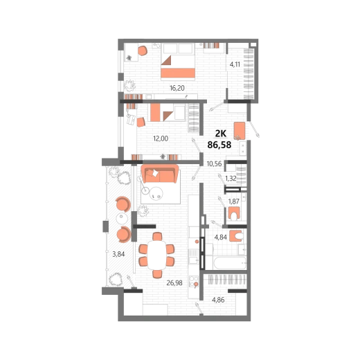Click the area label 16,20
click(177, 88)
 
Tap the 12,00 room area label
click(161, 138)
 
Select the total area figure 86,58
click(219, 145)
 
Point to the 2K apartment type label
click(221, 134)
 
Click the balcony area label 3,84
click(118, 254)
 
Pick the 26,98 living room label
click(174, 282)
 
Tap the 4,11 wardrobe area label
click(235, 64)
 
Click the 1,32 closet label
click(231, 179)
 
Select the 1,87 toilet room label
click(233, 201)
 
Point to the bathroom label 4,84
click(221, 237)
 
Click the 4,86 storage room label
click(218, 300)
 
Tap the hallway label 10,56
click(214, 163)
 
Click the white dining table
click(156, 255)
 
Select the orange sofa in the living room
click(160, 174)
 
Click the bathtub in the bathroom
click(230, 263)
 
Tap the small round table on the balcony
click(122, 219)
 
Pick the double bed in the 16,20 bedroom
click(178, 62)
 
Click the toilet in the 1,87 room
click(234, 213)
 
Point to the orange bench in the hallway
click(240, 131)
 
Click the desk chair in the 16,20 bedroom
click(143, 51)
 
